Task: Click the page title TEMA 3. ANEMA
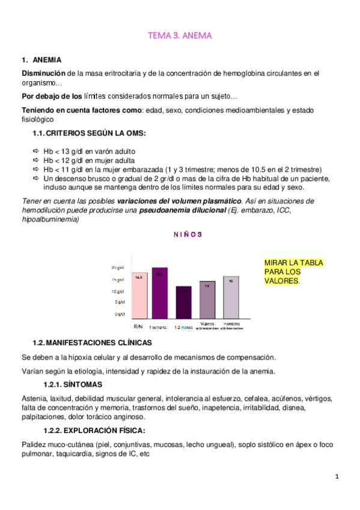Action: point(180,37)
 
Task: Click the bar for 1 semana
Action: point(160,291)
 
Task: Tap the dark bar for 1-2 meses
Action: point(183,301)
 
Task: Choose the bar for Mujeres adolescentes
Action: point(207,298)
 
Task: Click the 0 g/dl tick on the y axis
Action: point(119,314)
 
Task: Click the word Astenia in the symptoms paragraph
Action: point(35,399)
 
